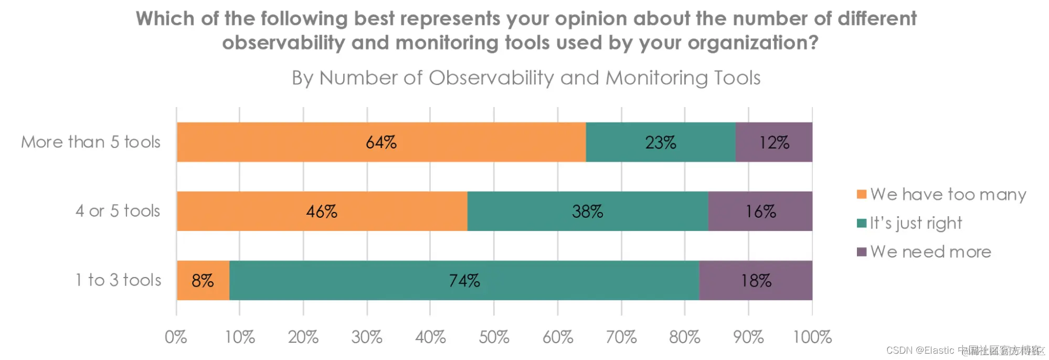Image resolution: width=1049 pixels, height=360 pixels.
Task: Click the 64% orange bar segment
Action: click(x=381, y=142)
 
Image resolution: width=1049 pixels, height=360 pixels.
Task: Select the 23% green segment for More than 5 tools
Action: click(x=660, y=142)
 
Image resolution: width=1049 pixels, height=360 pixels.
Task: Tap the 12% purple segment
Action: click(x=774, y=142)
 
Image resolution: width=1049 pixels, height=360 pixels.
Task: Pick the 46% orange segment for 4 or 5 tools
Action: click(x=322, y=211)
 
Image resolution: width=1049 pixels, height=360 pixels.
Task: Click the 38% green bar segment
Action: click(x=587, y=211)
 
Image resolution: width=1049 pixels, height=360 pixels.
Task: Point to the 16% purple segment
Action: click(x=760, y=211)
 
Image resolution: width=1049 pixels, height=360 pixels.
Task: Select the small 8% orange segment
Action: click(x=203, y=280)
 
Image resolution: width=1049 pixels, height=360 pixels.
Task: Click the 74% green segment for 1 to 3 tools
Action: click(x=464, y=280)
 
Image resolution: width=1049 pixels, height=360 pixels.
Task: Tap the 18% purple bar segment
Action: click(x=756, y=280)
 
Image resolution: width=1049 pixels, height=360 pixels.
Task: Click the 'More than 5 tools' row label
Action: click(x=91, y=142)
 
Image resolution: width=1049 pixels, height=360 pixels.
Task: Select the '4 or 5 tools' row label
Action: click(x=118, y=211)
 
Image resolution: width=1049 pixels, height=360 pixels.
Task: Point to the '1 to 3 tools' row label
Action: click(x=118, y=280)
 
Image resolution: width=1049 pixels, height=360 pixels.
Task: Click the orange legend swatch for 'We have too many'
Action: click(x=861, y=195)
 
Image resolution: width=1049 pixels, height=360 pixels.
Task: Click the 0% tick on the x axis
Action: click(x=176, y=337)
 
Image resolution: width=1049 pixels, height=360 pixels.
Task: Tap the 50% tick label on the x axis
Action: click(x=494, y=337)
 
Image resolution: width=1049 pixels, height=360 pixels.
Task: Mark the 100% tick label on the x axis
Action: click(x=812, y=337)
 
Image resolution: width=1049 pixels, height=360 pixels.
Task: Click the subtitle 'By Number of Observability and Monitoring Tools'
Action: click(x=526, y=78)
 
